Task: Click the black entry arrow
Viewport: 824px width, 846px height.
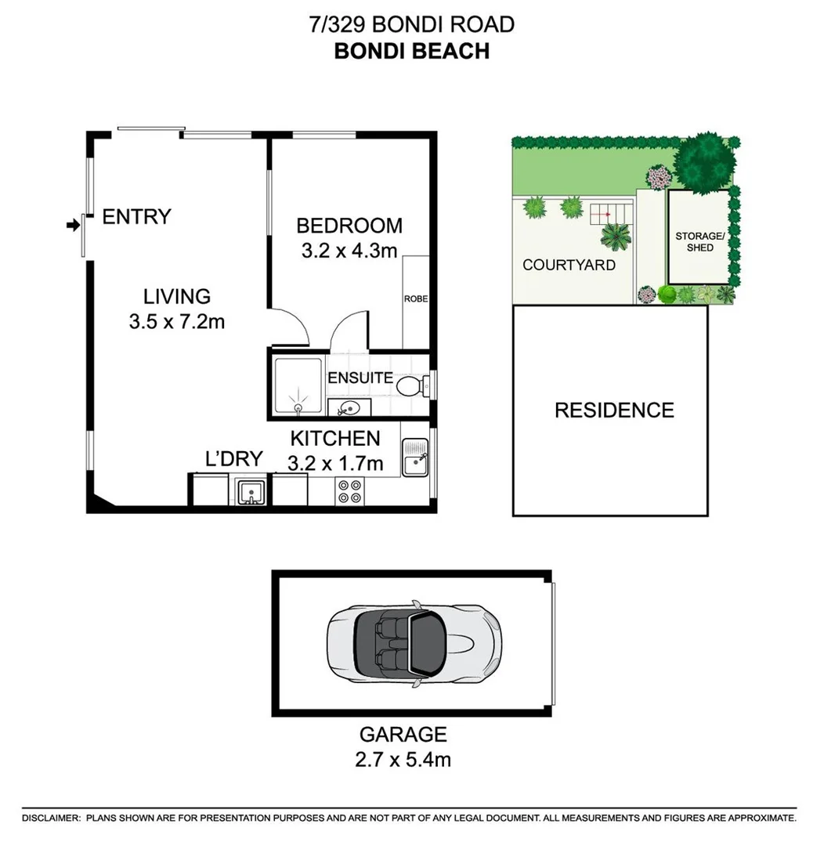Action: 74,226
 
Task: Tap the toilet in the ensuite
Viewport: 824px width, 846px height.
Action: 410,385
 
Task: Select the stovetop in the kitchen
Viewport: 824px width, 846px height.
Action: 349,490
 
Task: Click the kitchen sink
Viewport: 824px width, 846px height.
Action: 415,457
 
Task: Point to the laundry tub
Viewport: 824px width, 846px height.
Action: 251,492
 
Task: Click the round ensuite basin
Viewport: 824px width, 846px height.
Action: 345,407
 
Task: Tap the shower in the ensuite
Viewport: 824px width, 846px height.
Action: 298,385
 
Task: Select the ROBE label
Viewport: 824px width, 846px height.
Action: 415,298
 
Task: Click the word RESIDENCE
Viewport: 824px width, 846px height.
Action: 614,410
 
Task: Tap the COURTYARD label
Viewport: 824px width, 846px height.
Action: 569,265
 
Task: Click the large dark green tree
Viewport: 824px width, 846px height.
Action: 705,161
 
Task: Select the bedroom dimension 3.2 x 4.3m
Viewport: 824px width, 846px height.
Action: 349,251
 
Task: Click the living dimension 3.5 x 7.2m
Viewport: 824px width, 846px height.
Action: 177,321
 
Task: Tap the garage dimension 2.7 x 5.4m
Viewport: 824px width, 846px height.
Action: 403,759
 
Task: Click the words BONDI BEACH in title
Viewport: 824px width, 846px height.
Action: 412,51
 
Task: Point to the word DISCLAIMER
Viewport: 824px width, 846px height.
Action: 52,818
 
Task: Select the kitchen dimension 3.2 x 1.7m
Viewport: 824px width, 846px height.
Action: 335,464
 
